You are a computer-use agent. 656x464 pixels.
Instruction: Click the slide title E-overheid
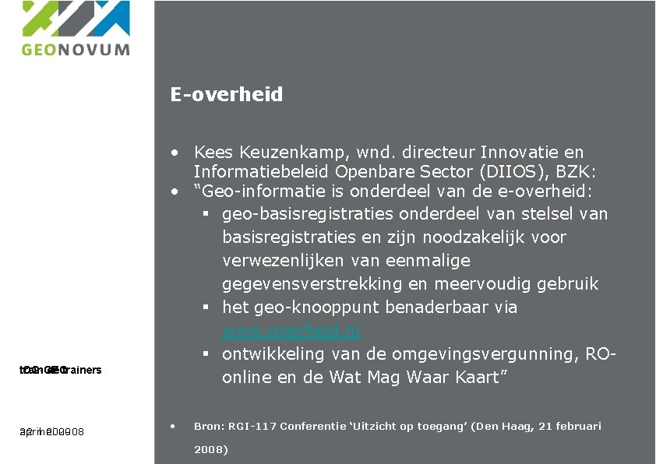pos(227,95)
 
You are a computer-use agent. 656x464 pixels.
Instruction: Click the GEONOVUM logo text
pos(76,49)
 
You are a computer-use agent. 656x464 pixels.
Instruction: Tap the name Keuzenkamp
pos(282,153)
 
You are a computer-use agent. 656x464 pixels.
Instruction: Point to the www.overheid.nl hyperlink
pos(291,331)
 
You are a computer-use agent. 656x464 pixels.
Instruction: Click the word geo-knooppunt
pos(302,308)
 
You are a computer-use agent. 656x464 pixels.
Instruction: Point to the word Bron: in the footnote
pos(208,427)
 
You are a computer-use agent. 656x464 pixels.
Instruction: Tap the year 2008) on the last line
pos(210,450)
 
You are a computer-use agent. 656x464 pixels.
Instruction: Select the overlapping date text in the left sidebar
pos(52,432)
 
